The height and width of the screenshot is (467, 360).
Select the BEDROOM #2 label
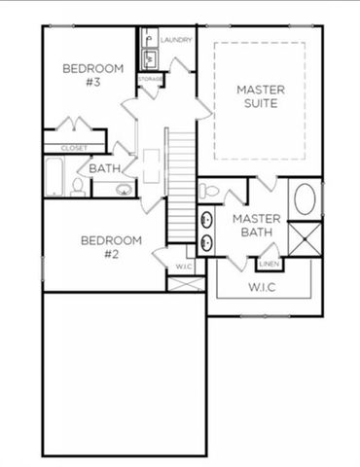[110, 246]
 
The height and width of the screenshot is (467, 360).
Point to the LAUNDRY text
[176, 40]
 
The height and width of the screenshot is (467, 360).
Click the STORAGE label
[150, 79]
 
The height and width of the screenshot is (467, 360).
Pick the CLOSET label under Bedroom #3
[73, 148]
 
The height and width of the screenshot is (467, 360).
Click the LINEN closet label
[269, 264]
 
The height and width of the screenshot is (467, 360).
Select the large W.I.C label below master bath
[263, 287]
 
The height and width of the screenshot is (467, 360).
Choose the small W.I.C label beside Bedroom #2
[183, 267]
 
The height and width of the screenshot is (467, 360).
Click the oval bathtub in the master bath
[306, 200]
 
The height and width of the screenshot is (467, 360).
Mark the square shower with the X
[306, 239]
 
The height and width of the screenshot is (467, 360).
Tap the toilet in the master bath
[208, 191]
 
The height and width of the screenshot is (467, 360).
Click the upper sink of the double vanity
[206, 217]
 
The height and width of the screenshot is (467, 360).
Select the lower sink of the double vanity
[206, 241]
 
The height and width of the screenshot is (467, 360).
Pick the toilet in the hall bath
[78, 186]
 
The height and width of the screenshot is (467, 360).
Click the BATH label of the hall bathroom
[104, 168]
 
